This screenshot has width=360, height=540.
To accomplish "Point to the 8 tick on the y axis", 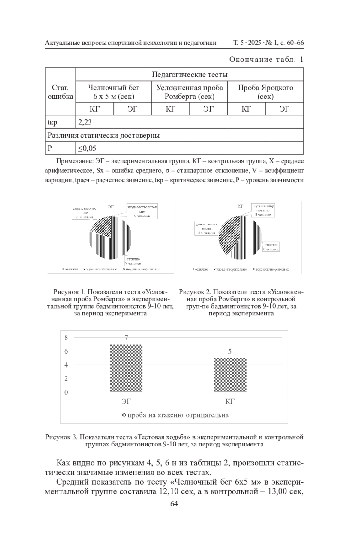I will coord(66,337).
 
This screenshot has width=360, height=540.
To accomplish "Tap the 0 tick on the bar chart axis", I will coord(66,392).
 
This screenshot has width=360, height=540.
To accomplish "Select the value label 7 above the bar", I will coord(126,338).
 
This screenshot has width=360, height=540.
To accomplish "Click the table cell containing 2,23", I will coord(85,122).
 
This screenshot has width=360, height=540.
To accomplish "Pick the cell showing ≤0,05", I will coord(87,148).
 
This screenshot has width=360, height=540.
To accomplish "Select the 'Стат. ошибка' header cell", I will coord(60,92).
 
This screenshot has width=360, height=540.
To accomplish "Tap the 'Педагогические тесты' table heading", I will coord(189,74).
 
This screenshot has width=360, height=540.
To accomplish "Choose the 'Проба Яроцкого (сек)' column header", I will coord(265,92).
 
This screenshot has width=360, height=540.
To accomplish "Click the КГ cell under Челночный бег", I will coord(94,109).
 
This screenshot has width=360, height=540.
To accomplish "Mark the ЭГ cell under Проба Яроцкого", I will coord(284,109).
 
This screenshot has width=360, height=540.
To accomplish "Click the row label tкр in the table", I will coord(52,122).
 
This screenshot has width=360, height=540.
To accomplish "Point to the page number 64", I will coord(174,504).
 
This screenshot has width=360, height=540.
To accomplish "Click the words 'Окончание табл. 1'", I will coord(266,59).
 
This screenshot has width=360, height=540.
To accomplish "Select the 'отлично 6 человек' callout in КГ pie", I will coord(271,247).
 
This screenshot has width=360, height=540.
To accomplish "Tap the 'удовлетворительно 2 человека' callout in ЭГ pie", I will coord(85,213).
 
